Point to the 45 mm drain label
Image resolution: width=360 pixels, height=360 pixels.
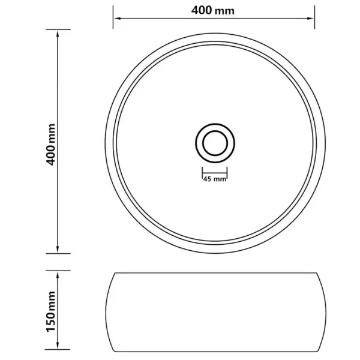(214, 179)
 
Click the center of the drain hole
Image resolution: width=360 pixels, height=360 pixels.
(214, 143)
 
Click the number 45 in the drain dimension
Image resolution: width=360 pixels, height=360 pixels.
(208, 179)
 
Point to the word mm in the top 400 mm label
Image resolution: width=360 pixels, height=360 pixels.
(226, 11)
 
